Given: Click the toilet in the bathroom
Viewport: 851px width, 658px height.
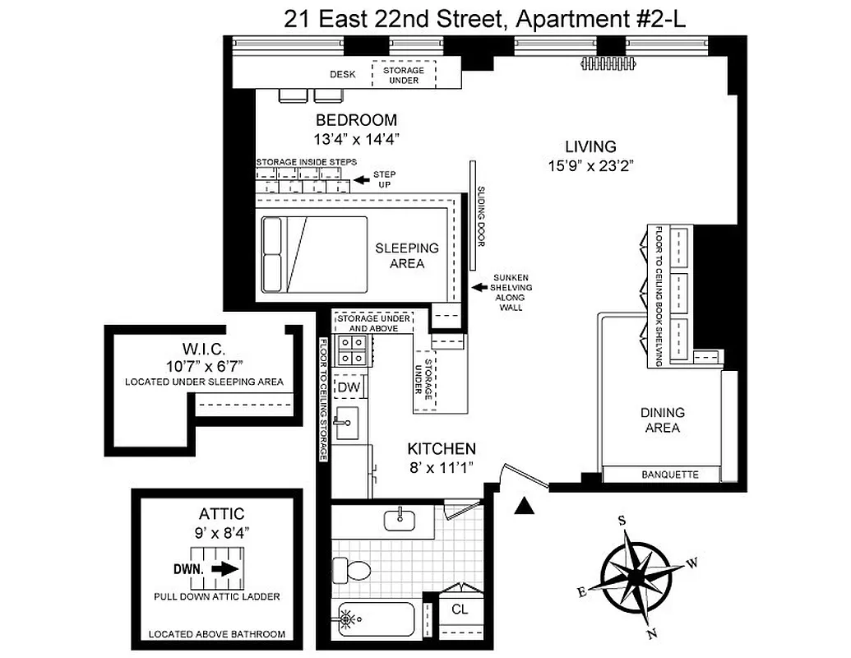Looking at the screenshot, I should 351,568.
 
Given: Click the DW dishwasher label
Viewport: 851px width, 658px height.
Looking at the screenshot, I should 349,387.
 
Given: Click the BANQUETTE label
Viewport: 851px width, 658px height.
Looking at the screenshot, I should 669,475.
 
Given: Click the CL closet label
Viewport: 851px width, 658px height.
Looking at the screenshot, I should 460,610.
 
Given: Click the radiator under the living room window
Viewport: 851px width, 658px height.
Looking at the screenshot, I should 611,62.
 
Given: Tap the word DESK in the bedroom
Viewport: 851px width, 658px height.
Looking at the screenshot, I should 343,75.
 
